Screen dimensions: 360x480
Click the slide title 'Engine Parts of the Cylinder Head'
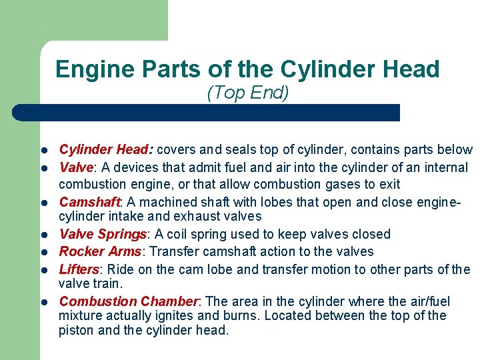tap(247, 69)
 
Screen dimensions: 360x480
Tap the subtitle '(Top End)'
tap(248, 93)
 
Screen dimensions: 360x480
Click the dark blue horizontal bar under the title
tap(207, 112)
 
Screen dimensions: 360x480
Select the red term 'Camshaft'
tap(89, 201)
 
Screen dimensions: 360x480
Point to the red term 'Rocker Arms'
tap(99, 251)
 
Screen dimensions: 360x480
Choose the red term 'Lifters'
tap(79, 269)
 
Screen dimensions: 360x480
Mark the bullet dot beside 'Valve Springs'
tap(42, 235)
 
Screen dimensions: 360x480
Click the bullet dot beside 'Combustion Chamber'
tap(42, 302)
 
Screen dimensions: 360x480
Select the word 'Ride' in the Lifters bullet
tap(120, 269)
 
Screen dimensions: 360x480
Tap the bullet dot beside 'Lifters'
tap(42, 270)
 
